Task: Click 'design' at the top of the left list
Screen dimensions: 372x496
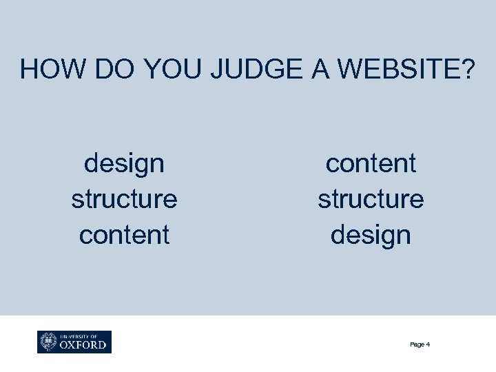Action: pyautogui.click(x=124, y=165)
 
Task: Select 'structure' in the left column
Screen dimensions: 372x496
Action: pyautogui.click(x=124, y=199)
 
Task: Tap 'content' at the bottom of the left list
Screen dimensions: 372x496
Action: pyautogui.click(x=124, y=234)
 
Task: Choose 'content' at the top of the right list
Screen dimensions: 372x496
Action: pyautogui.click(x=371, y=164)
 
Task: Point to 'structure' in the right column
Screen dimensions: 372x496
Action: pyautogui.click(x=371, y=199)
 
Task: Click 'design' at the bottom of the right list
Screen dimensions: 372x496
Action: pyautogui.click(x=371, y=235)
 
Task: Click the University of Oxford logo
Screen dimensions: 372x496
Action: pyautogui.click(x=74, y=342)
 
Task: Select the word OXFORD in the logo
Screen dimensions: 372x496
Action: pyautogui.click(x=83, y=344)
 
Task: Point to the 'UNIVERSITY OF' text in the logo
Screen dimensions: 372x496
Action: pyautogui.click(x=78, y=335)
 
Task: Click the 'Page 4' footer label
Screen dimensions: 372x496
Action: pyautogui.click(x=420, y=344)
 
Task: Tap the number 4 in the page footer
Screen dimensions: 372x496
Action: pyautogui.click(x=428, y=344)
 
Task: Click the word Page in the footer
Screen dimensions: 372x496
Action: pyautogui.click(x=417, y=344)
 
